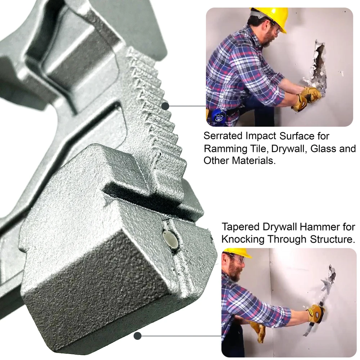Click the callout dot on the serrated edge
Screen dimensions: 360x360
(x=165, y=106)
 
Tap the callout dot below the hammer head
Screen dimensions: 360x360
(x=137, y=336)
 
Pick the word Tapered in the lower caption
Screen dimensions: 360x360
(x=240, y=227)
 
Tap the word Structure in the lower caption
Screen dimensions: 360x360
(x=331, y=239)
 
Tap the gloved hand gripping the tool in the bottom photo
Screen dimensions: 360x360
(x=315, y=313)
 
